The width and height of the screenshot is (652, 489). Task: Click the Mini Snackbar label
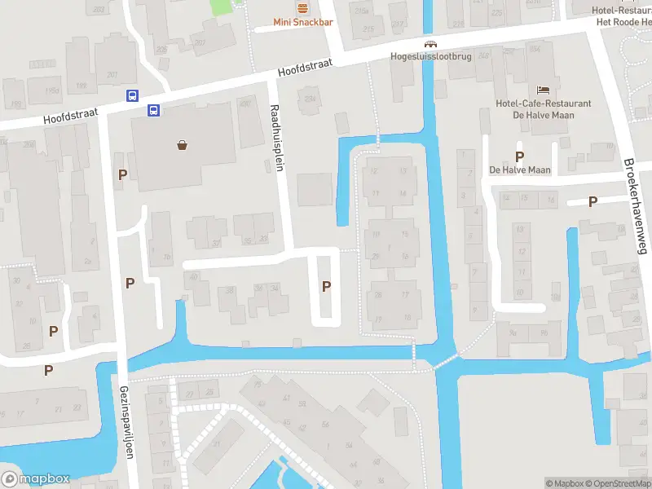coord(302,22)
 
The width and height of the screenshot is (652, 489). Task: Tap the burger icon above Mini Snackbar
coord(302,8)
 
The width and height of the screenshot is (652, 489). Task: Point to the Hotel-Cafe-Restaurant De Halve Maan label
coord(544,109)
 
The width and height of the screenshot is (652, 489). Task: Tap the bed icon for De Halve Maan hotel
coord(544,90)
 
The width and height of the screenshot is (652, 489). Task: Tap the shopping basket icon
coord(182,146)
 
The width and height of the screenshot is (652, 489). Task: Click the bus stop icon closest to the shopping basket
coord(152,110)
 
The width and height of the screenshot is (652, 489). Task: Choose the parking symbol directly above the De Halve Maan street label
coord(518,156)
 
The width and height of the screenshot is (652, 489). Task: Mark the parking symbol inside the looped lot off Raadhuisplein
coord(327,286)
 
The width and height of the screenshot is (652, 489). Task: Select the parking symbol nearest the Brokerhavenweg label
coord(593,201)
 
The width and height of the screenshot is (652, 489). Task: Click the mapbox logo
coord(35,479)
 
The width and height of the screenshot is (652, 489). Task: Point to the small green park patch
coord(221,7)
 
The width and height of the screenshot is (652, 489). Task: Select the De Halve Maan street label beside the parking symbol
coord(520,170)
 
